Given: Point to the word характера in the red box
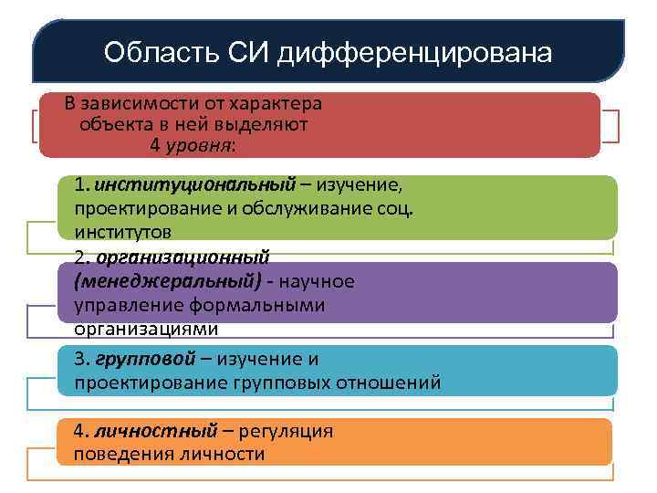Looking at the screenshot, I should (277, 103).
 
